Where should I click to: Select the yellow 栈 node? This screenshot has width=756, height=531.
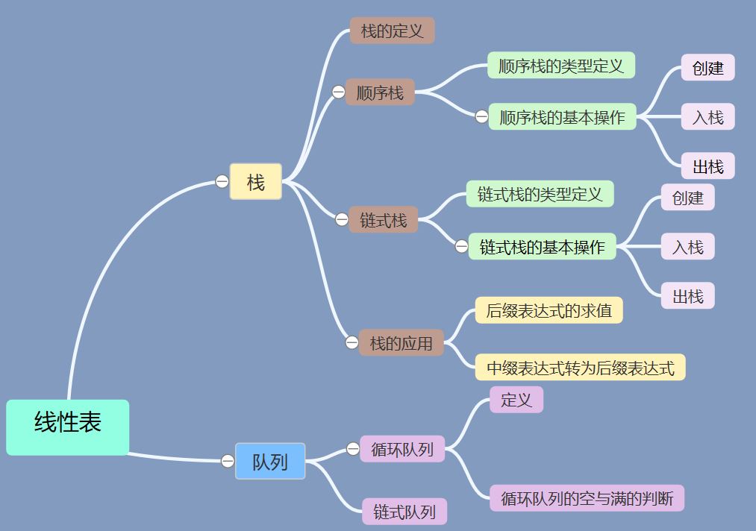coord(255,182)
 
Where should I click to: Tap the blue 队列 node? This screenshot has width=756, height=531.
coord(270,461)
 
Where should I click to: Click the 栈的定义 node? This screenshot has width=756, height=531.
coord(392,31)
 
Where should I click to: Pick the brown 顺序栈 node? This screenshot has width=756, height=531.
coord(380,92)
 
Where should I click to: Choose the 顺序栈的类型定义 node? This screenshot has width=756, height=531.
coord(561,66)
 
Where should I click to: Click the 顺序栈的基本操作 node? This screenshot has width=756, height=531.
coord(562,117)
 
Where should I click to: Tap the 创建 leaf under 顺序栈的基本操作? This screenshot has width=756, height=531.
coord(707,68)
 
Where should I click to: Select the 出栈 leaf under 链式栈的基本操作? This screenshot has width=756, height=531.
coord(687,296)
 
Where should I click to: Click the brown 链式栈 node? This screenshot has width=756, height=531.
coord(384,220)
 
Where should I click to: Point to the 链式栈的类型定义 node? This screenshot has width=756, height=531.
coord(540,195)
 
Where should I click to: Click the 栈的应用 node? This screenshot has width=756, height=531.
coord(402,343)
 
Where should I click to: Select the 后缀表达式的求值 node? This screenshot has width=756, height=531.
coord(549,310)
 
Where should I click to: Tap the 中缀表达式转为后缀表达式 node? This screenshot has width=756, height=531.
coord(580,368)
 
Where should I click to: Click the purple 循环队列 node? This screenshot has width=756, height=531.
coord(402,449)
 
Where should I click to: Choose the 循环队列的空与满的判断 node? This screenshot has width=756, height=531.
coord(587,498)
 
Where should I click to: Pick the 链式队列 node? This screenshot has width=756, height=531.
coord(404,512)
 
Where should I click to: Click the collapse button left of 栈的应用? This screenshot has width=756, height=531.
coord(352,343)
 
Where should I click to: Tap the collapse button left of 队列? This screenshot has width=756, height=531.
coord(228,461)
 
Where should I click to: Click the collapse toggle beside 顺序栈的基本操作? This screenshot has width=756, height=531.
coord(481,116)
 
